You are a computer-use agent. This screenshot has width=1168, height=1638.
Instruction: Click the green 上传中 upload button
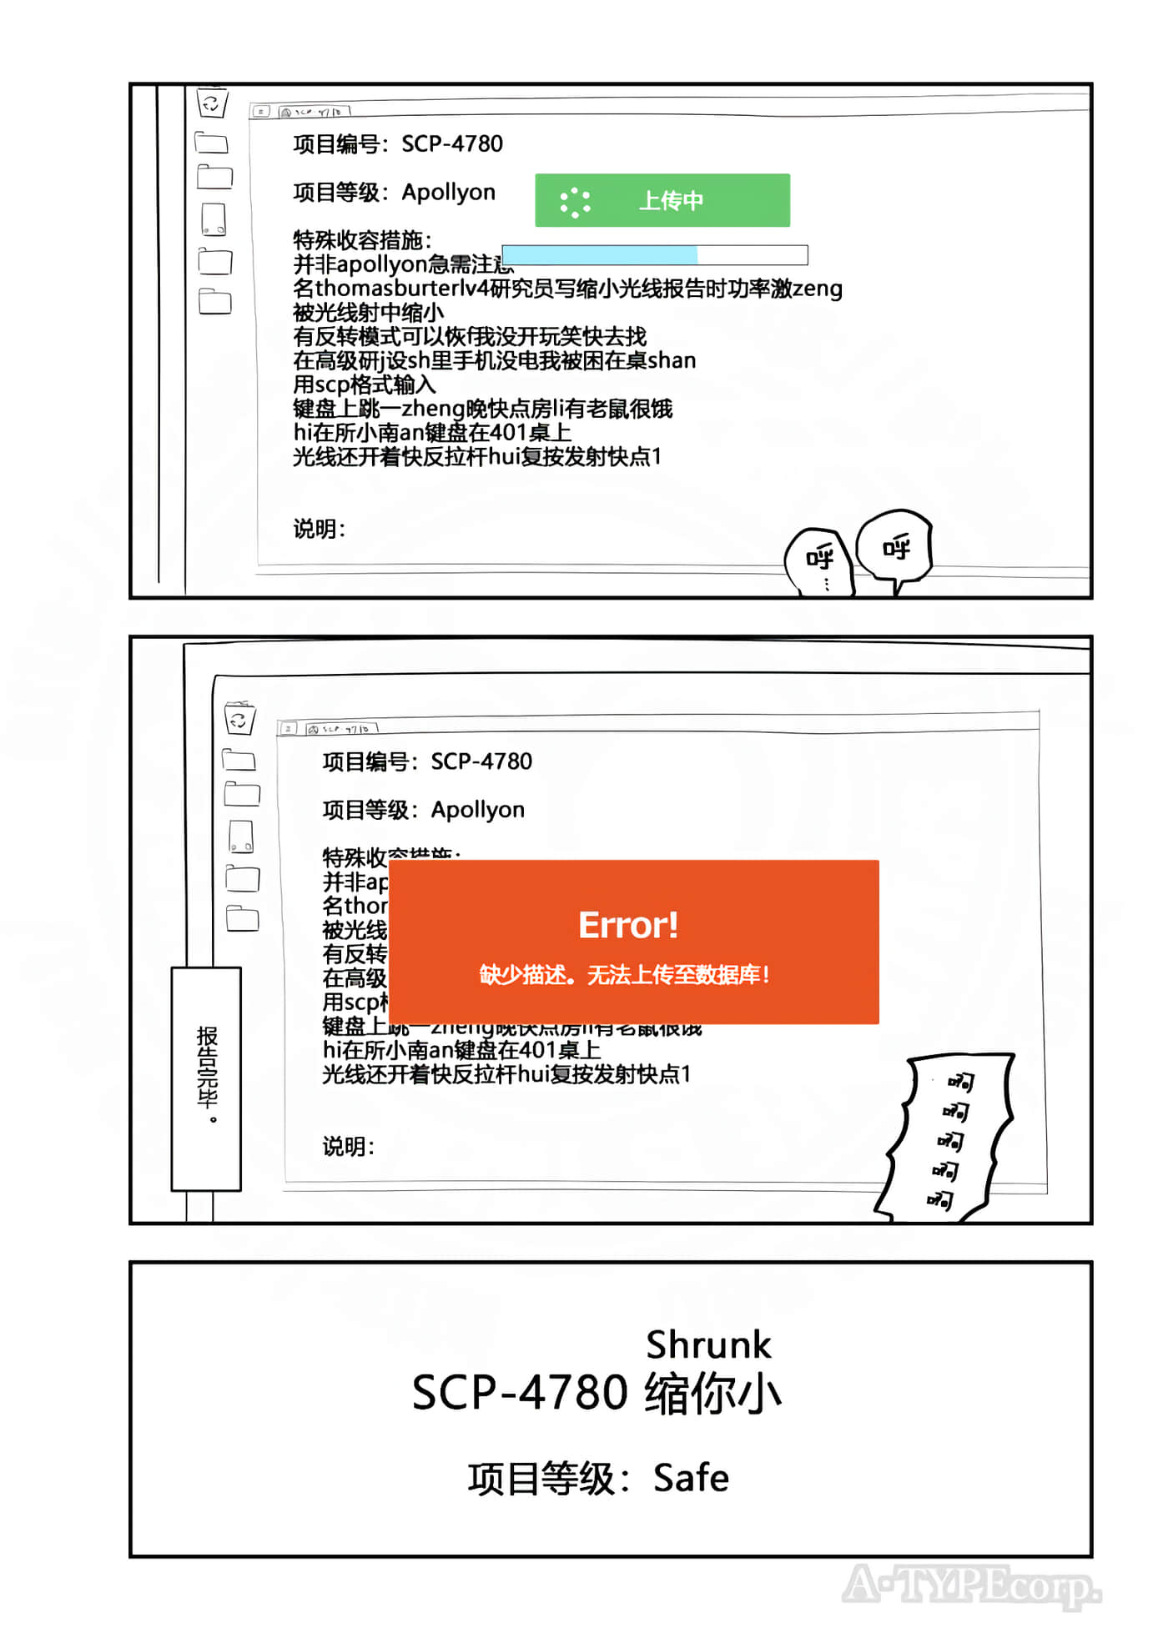[662, 200]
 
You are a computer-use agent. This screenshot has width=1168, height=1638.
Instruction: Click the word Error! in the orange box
[628, 925]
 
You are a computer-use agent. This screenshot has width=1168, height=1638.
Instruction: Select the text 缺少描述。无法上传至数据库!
[624, 974]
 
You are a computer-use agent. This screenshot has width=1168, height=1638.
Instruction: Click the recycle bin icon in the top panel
[212, 103]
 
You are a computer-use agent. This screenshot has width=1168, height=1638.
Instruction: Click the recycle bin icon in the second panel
[239, 719]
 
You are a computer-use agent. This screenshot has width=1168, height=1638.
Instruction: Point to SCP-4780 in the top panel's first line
[452, 144]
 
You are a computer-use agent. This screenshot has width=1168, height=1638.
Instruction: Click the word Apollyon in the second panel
[477, 810]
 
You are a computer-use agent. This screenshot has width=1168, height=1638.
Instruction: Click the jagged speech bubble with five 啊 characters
[949, 1138]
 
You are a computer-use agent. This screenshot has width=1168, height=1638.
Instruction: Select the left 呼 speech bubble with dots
[818, 561]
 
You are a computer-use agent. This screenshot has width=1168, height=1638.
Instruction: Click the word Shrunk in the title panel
[708, 1344]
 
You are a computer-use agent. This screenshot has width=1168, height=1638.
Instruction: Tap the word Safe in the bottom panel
[691, 1478]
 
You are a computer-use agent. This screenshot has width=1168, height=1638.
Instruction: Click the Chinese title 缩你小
[712, 1393]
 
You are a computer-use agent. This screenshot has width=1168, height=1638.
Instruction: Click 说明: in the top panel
[319, 529]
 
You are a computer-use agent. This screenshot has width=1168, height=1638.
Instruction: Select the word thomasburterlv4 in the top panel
[401, 289]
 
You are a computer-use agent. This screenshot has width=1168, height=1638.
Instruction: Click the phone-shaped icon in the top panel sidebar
[214, 219]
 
